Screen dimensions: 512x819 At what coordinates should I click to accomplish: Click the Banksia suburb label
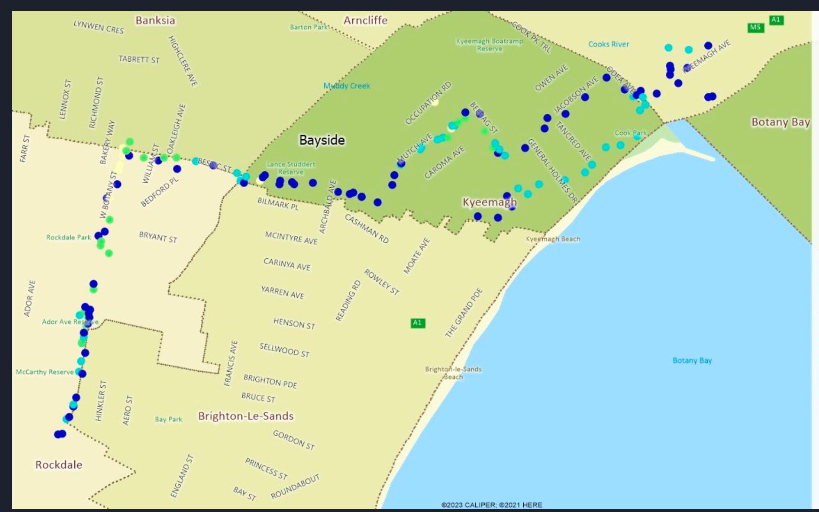(x=155, y=20)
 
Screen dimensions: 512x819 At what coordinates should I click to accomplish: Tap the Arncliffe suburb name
(x=365, y=20)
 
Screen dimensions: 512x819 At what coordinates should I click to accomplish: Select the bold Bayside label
(x=322, y=140)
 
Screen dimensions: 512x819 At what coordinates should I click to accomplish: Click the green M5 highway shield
(x=755, y=27)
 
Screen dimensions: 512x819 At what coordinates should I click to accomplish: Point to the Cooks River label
(x=608, y=44)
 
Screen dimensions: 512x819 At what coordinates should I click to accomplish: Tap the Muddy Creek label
(x=346, y=86)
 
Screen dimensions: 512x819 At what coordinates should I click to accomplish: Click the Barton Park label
(x=308, y=27)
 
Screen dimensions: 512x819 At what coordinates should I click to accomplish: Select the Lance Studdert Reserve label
(x=291, y=168)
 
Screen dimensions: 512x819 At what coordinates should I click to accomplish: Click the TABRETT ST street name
(x=139, y=59)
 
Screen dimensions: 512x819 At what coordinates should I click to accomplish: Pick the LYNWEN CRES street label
(x=98, y=27)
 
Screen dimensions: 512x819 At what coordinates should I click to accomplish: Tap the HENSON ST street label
(x=294, y=323)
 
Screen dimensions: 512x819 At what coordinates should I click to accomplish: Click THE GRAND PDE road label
(x=464, y=312)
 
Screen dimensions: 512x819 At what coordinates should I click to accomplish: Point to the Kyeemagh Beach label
(x=553, y=239)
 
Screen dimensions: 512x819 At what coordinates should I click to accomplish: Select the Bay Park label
(x=168, y=419)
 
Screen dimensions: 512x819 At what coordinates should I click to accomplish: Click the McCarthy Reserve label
(x=45, y=372)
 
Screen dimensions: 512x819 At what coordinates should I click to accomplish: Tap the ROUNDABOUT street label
(x=295, y=487)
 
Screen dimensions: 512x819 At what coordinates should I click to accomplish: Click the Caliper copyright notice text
(x=491, y=505)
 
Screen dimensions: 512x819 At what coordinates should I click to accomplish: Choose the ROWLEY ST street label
(x=381, y=282)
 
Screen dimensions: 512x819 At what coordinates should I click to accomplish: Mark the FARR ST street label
(x=24, y=148)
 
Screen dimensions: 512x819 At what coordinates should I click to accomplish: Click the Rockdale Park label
(x=68, y=237)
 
